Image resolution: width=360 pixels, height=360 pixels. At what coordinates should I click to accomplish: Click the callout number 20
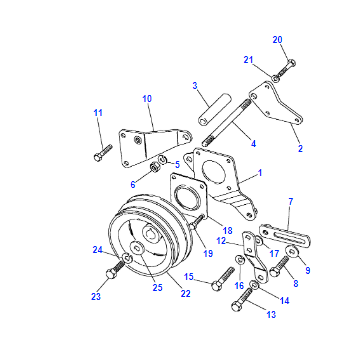tap(277, 40)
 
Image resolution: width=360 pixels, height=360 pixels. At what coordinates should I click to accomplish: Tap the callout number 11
tap(98, 113)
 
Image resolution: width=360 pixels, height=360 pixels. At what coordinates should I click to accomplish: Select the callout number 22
tap(185, 293)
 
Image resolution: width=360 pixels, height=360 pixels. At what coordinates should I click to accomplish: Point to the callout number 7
tap(291, 201)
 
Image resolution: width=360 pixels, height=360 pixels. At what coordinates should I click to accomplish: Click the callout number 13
tap(271, 314)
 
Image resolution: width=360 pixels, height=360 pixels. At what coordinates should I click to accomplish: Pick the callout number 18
tap(227, 230)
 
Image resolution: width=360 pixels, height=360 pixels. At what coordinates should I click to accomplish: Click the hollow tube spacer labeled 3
tap(215, 109)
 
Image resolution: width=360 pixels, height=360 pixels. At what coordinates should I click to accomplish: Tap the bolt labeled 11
tap(103, 153)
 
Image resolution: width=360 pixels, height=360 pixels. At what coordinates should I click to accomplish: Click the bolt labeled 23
tap(115, 270)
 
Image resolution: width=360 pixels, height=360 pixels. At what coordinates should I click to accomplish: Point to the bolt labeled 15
tap(223, 278)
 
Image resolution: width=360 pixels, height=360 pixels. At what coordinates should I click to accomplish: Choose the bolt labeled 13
tap(242, 300)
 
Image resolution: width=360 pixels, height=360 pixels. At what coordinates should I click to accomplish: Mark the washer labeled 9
tap(292, 251)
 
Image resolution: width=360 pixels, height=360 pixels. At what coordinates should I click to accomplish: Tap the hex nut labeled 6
tap(155, 167)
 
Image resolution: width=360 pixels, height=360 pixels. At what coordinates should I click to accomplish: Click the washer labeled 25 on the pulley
tap(137, 248)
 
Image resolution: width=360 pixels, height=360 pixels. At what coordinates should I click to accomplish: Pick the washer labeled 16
tap(240, 260)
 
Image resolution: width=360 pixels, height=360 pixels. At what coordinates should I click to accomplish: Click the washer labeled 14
tap(254, 285)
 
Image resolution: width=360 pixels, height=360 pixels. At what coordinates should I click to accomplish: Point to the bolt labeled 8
tap(279, 266)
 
